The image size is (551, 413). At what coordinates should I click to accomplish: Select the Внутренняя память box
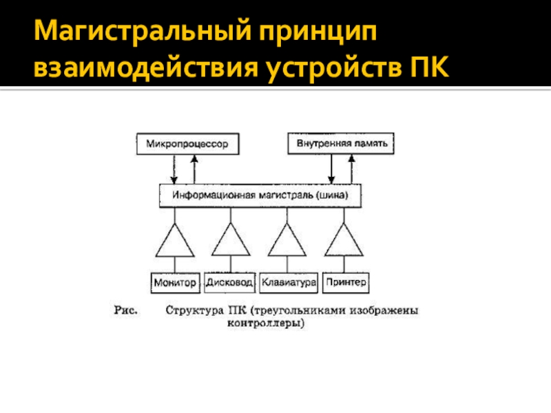tap(341, 144)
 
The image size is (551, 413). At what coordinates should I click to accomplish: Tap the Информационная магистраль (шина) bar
tap(260, 195)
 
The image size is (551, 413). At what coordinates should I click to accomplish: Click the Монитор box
tap(175, 282)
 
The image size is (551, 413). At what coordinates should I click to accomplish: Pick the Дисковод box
tap(230, 282)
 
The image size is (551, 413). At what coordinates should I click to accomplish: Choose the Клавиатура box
tap(289, 282)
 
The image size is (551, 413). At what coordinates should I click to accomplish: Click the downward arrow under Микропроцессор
tap(175, 169)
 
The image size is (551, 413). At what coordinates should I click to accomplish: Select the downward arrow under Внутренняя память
tap(332, 169)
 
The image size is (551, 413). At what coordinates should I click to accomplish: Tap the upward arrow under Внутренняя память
tap(352, 169)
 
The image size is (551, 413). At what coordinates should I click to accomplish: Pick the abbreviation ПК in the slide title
tap(427, 67)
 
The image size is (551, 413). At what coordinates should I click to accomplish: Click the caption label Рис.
tap(127, 310)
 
